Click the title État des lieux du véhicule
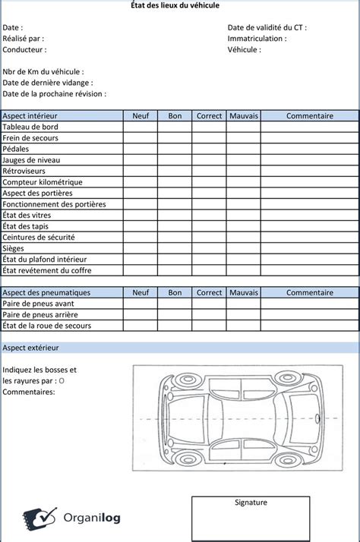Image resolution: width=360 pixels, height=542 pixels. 180,5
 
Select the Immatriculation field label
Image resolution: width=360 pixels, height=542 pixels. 257,39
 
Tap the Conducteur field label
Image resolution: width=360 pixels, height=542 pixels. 24,49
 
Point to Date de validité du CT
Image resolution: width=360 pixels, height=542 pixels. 267,27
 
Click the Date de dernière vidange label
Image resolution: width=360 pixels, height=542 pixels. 48,83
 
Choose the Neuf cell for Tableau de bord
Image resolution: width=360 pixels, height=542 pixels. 141,127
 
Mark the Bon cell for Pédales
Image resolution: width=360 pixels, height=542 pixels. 175,149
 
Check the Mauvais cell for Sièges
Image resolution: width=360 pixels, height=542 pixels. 244,248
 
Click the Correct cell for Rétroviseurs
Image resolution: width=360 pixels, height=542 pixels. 209,171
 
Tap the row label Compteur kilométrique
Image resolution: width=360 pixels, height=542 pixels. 43,182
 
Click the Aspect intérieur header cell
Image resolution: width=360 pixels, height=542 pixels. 30,116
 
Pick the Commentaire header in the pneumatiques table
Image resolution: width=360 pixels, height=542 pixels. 309,292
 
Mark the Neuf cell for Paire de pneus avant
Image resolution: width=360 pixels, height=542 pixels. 141,304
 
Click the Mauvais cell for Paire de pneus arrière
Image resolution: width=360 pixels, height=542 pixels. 244,314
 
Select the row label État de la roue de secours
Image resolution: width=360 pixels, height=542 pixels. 46,326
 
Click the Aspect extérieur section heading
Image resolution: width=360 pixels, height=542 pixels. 30,348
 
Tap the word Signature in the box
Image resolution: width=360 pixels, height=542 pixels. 251,503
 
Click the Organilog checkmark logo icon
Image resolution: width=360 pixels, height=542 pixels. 39,518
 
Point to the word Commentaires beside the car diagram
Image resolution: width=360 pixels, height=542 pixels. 29,392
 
